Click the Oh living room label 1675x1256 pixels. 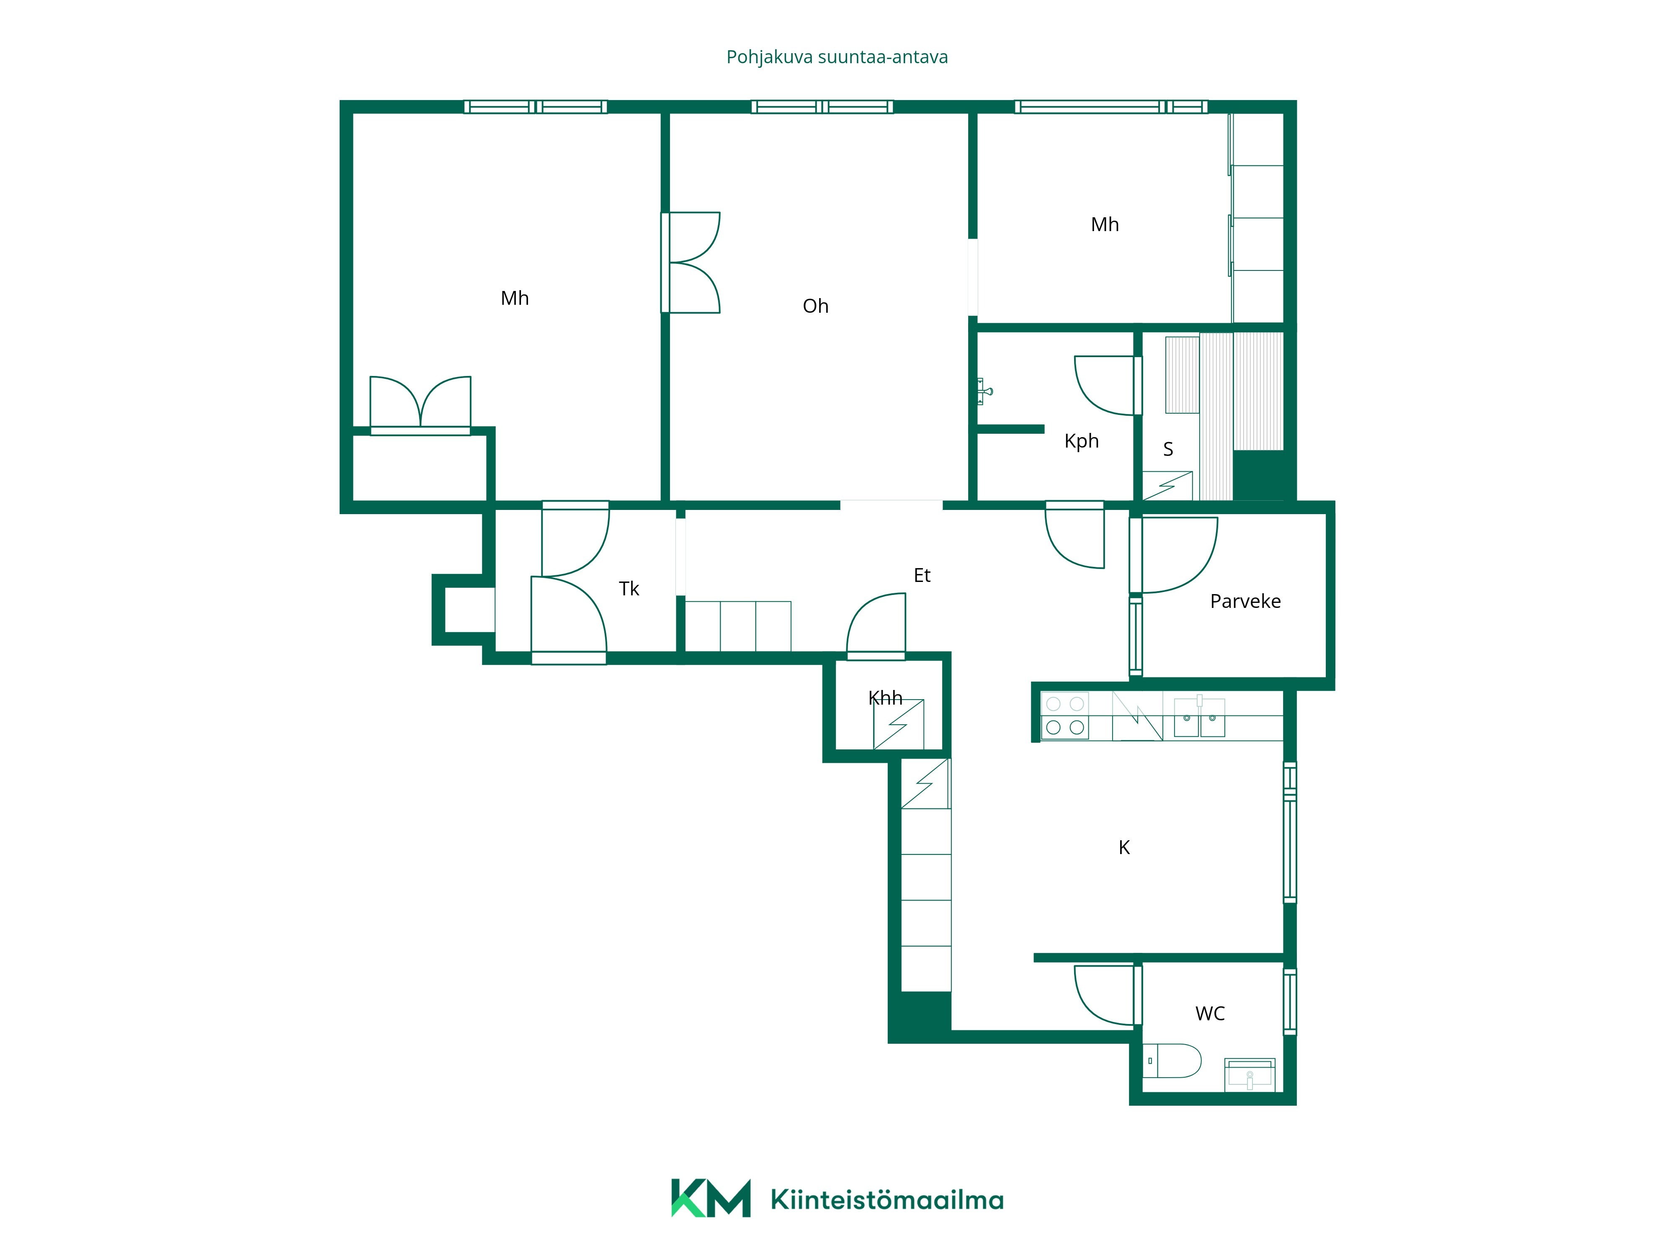816,306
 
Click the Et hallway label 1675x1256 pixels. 922,575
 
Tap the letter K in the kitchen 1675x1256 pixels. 1124,847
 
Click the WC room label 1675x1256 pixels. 1209,1013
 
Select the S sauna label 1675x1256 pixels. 1167,449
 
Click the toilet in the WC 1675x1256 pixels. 1171,1060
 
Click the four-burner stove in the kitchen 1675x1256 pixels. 1064,716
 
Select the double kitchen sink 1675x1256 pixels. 1199,716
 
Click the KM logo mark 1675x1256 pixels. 710,1198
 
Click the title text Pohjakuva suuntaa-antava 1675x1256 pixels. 837,57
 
